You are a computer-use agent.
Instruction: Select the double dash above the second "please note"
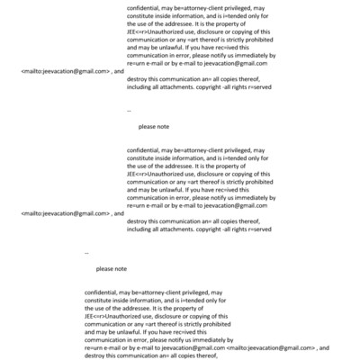point(85,253)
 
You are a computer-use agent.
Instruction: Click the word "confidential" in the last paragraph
point(102,292)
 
